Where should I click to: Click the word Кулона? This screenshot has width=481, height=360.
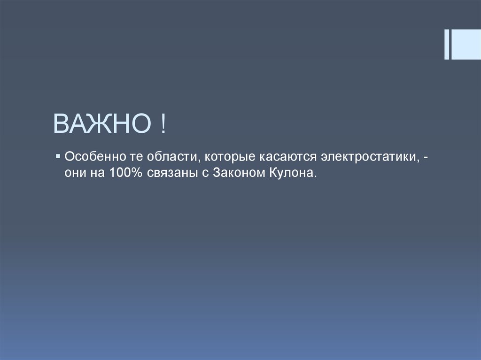(x=291, y=172)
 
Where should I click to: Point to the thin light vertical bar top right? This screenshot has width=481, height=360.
(x=446, y=44)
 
